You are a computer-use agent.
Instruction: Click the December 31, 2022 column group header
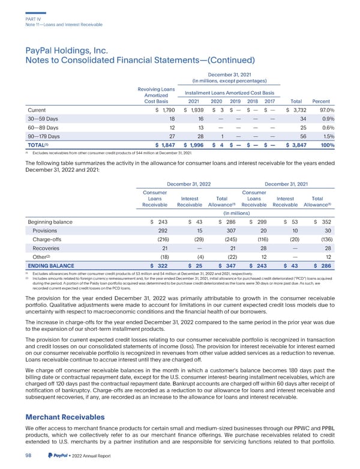[189, 175]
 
